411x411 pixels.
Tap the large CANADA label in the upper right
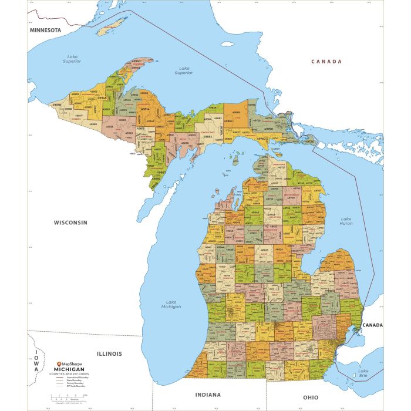pyautogui.click(x=326, y=61)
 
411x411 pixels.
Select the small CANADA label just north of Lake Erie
pyautogui.click(x=372, y=325)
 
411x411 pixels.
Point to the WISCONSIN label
pyautogui.click(x=70, y=223)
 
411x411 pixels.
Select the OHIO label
pyautogui.click(x=310, y=397)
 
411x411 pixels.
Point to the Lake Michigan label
pyautogui.click(x=172, y=304)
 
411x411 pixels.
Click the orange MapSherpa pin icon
pyautogui.click(x=59, y=364)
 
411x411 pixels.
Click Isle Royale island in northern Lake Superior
pyautogui.click(x=112, y=27)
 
